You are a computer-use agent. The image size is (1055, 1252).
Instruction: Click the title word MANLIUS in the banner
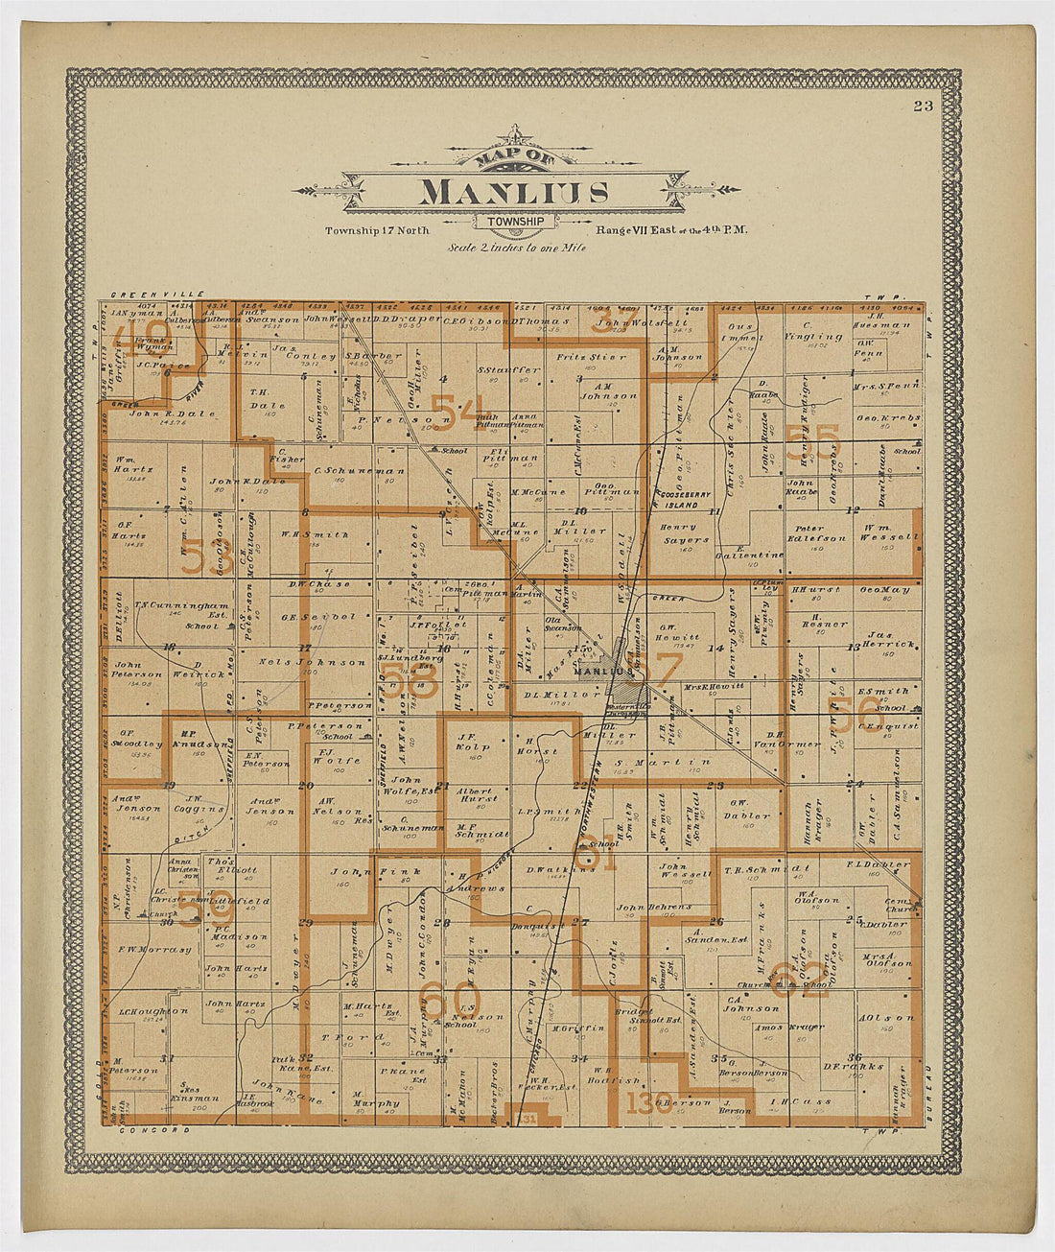pyautogui.click(x=514, y=192)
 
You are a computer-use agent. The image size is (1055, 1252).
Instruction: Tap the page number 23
pyautogui.click(x=923, y=106)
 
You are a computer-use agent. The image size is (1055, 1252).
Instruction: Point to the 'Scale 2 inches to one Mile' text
pyautogui.click(x=518, y=247)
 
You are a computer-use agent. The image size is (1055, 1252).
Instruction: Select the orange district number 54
pyautogui.click(x=457, y=411)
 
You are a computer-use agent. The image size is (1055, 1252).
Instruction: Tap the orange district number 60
pyautogui.click(x=447, y=1004)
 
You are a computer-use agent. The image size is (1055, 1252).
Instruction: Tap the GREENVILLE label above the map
pyautogui.click(x=145, y=295)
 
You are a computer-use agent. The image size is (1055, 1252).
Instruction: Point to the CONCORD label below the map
pyautogui.click(x=145, y=1130)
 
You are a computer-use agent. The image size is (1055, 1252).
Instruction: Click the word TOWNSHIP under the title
pyautogui.click(x=515, y=222)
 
